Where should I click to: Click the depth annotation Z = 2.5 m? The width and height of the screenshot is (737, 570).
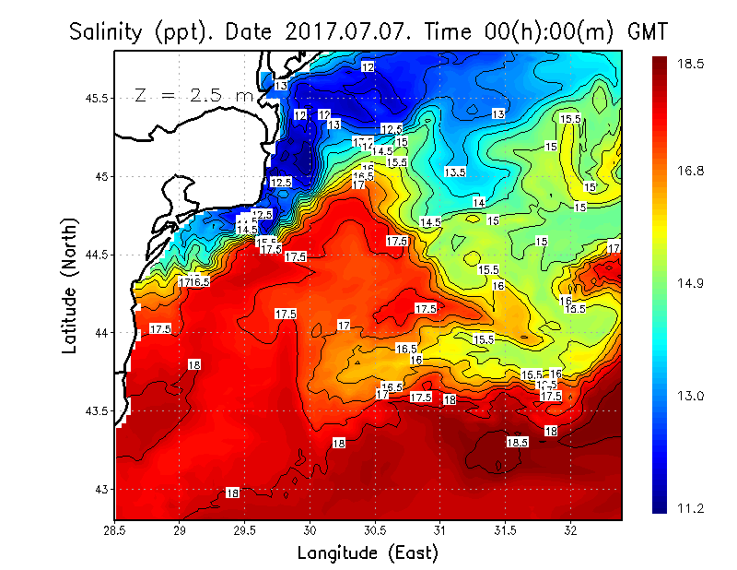tap(193, 95)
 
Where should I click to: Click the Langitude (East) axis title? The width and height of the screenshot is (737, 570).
tap(367, 552)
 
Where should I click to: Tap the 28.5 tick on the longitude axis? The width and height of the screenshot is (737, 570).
tap(115, 530)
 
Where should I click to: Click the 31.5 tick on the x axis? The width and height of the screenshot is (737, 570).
tap(506, 530)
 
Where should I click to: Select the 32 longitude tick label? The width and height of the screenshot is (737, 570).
tap(571, 530)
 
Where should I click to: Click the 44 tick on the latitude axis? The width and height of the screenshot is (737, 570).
tap(101, 333)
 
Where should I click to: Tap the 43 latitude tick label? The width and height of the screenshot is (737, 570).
tap(101, 489)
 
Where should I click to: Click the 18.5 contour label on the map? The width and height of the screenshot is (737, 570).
tap(517, 443)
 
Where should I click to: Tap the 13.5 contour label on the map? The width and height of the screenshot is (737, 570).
tap(455, 172)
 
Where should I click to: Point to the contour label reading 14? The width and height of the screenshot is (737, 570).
tap(479, 203)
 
